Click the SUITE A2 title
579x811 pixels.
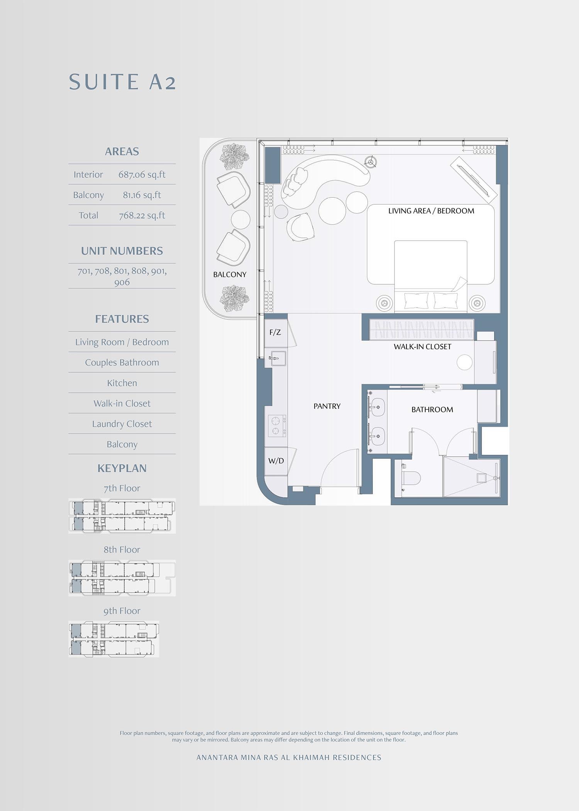pyautogui.click(x=122, y=82)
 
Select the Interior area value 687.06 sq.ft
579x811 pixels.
pyautogui.click(x=142, y=175)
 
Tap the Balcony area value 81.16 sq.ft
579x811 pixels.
pyautogui.click(x=142, y=195)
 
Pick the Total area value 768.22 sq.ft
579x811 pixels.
pyautogui.click(x=142, y=215)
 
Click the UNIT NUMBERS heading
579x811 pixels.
pyautogui.click(x=122, y=251)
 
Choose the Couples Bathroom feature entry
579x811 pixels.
pyautogui.click(x=122, y=363)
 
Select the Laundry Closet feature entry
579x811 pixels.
pyautogui.click(x=122, y=424)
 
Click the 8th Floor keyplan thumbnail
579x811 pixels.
pyautogui.click(x=122, y=578)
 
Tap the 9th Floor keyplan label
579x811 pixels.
pyautogui.click(x=122, y=611)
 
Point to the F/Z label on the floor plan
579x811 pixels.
pyautogui.click(x=275, y=332)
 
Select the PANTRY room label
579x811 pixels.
pyautogui.click(x=327, y=406)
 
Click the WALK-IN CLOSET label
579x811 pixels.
pyautogui.click(x=422, y=347)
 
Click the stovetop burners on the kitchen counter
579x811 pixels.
pyautogui.click(x=277, y=426)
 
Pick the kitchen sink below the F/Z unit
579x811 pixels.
pyautogui.click(x=277, y=358)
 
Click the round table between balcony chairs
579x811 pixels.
pyautogui.click(x=240, y=220)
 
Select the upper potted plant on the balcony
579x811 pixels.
pyautogui.click(x=234, y=157)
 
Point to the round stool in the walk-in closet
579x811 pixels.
pyautogui.click(x=464, y=362)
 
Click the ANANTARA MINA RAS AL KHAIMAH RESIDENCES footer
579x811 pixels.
pyautogui.click(x=289, y=757)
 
